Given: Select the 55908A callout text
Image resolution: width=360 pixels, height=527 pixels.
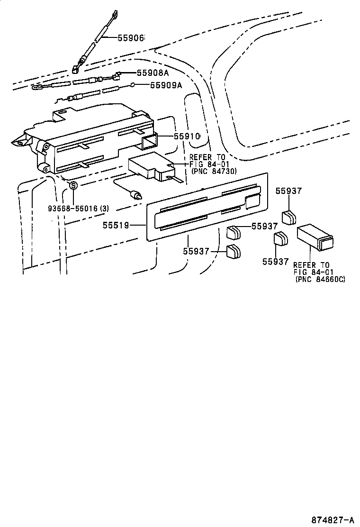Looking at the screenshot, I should pos(153,73).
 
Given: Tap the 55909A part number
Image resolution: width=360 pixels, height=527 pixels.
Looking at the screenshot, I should pos(166,85).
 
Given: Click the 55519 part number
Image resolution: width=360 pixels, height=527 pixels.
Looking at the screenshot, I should pos(116,226).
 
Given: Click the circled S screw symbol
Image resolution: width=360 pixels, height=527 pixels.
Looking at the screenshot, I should pos(74,185).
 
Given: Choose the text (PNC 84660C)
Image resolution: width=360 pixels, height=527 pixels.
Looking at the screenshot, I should pos(320,280).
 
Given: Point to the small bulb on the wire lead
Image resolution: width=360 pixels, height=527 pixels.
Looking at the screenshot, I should pos(137,194).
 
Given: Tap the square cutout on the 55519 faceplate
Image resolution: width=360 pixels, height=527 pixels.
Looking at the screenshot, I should pos(252,200).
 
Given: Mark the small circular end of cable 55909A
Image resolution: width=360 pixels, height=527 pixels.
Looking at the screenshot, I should pos(134,85).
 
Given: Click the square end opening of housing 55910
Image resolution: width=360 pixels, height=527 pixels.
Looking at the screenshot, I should pos(150,141).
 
